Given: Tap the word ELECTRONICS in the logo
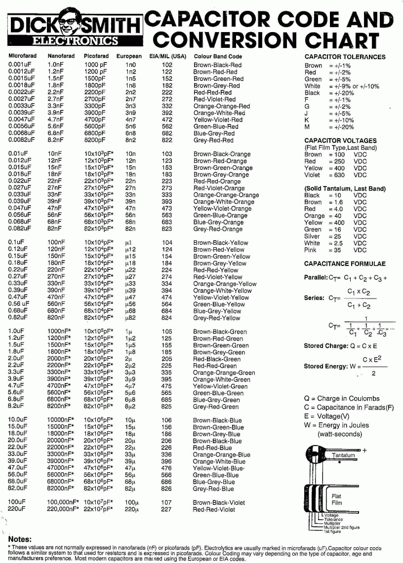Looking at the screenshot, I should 75,41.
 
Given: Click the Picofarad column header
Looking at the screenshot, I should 97,56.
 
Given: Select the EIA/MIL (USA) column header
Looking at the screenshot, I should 167,56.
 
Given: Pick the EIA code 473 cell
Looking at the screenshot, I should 167,209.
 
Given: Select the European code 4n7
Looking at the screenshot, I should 130,119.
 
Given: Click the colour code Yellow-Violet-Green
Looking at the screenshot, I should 220,386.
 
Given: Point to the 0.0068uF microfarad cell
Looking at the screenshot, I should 22,133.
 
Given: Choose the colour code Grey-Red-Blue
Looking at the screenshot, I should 213,489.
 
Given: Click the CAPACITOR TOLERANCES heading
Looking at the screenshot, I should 345,57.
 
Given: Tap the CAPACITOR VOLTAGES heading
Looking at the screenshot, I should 340,141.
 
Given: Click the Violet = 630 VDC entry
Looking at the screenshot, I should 335,175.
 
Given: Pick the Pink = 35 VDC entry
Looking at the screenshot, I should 335,250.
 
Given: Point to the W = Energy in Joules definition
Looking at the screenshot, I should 336,425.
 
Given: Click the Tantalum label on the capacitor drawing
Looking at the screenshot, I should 343,455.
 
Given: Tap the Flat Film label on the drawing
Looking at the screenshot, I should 336,499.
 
